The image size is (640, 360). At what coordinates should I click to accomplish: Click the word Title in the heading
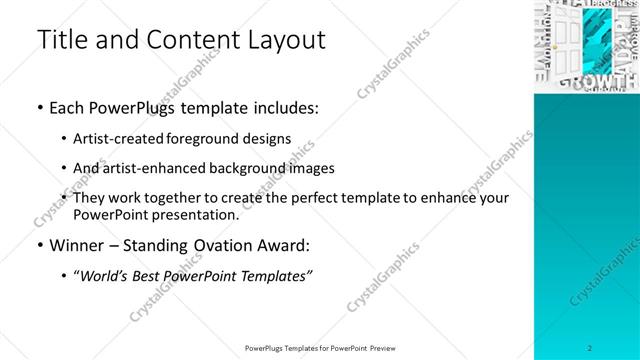(x=59, y=41)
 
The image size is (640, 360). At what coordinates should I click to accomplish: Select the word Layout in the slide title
(x=283, y=41)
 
